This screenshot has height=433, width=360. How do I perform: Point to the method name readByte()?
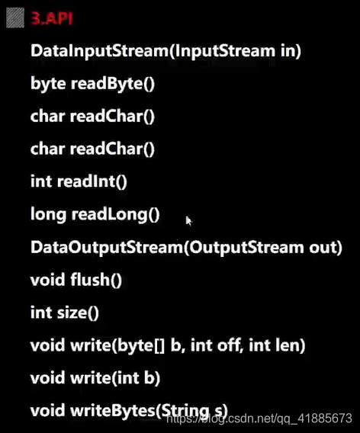point(113,84)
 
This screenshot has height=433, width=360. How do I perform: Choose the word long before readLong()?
point(47,214)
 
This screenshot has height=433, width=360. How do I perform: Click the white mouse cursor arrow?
point(188,220)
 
